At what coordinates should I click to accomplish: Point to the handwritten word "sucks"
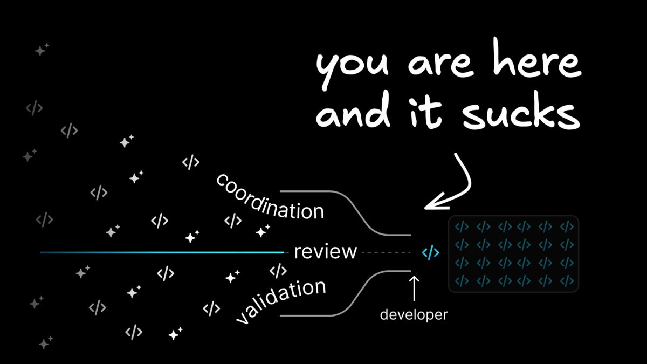(521, 111)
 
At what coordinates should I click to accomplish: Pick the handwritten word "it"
(425, 113)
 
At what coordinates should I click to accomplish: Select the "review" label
(326, 252)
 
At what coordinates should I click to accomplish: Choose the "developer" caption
(414, 315)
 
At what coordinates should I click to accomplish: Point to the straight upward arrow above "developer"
(414, 289)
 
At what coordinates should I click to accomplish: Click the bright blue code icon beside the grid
(430, 252)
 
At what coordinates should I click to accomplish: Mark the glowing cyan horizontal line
(162, 252)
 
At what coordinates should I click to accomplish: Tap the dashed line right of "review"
(386, 252)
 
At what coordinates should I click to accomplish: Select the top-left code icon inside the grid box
(462, 226)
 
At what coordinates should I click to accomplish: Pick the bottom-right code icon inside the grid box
(567, 281)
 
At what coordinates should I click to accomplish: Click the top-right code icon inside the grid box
(567, 226)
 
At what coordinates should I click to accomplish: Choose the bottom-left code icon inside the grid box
(462, 281)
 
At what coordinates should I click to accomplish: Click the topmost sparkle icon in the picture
(42, 50)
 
